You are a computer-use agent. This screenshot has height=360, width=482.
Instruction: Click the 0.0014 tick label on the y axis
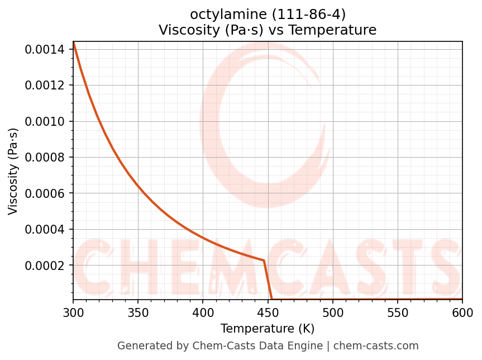47,50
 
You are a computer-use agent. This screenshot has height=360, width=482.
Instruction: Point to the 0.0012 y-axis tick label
47,86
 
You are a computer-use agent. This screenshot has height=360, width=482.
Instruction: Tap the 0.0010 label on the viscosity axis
47,121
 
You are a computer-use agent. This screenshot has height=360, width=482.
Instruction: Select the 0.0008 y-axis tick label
47,158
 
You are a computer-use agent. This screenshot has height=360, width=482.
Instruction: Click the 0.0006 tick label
47,193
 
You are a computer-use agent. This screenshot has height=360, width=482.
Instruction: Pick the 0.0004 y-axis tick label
47,229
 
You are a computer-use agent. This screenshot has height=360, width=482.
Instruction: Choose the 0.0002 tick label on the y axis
47,266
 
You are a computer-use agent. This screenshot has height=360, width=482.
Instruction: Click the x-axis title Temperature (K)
268,328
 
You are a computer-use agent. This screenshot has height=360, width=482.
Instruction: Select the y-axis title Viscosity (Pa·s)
13,171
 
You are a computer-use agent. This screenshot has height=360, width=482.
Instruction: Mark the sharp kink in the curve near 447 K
264,260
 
